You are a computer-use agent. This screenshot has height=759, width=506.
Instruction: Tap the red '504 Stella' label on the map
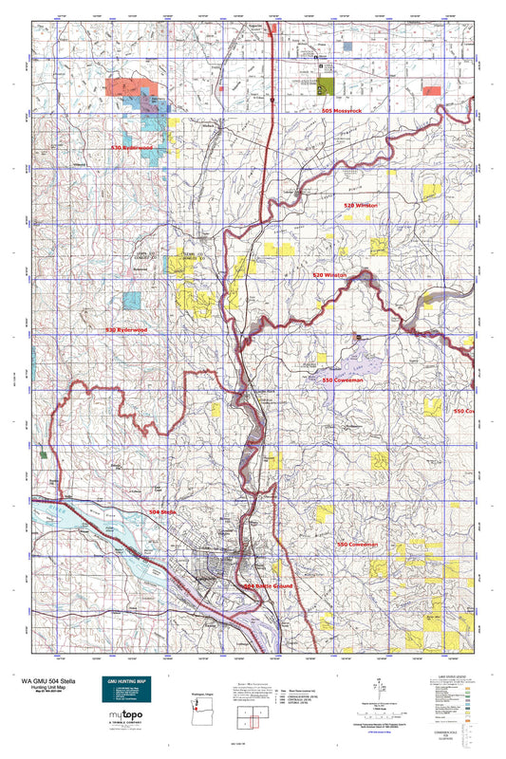tap(162, 512)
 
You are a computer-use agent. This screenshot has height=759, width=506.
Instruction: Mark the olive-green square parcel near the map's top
tap(328, 86)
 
